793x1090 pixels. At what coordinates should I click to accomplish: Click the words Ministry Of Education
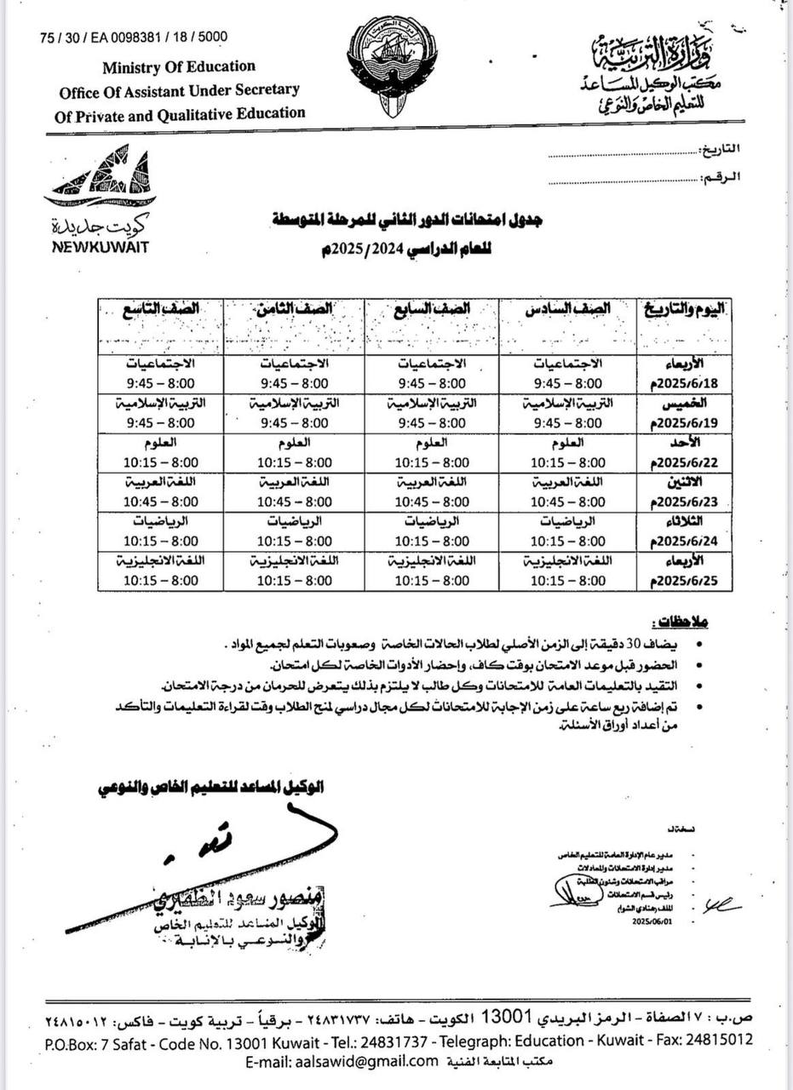[x=179, y=66]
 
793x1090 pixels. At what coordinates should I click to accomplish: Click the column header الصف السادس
[x=568, y=311]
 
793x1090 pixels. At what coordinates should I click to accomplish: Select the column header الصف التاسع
[x=160, y=311]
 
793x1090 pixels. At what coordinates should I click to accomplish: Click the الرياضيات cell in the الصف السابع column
[x=432, y=520]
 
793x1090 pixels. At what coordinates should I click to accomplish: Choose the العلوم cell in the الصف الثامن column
[x=295, y=442]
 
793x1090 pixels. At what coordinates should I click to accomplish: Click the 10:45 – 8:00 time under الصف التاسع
[x=161, y=502]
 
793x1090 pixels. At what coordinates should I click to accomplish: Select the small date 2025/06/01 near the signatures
[x=651, y=920]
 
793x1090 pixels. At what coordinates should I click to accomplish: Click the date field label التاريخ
[x=721, y=149]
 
